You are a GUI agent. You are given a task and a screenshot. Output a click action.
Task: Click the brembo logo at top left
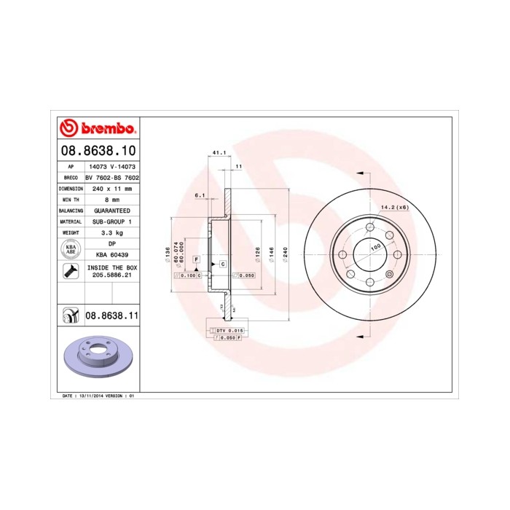tap(98, 129)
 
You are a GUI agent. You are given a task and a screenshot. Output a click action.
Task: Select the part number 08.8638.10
tap(98, 152)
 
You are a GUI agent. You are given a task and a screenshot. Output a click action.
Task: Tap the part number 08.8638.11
tap(112, 316)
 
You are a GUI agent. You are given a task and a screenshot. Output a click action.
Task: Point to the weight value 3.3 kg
tap(111, 232)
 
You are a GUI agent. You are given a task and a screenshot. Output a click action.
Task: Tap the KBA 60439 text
tap(111, 254)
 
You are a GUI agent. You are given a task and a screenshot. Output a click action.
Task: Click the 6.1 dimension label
tap(200, 195)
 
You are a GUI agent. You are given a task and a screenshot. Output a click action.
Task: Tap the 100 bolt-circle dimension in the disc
tap(376, 248)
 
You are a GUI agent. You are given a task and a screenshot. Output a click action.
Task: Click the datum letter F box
tap(196, 259)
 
